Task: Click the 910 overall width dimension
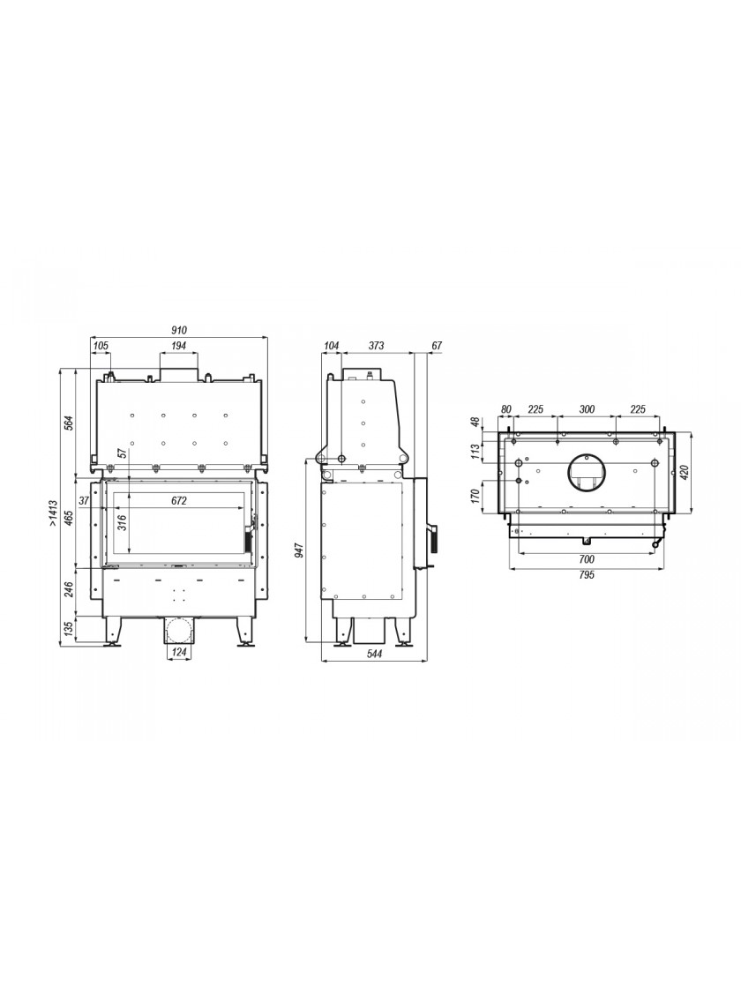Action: click(180, 330)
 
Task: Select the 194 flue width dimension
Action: click(179, 345)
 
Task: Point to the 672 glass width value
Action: click(179, 501)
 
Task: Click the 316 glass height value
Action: click(123, 522)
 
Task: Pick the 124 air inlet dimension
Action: click(180, 652)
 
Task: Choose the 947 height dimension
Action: click(300, 550)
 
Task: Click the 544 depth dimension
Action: click(374, 654)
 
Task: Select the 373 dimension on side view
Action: click(376, 345)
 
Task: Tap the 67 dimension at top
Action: click(438, 345)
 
